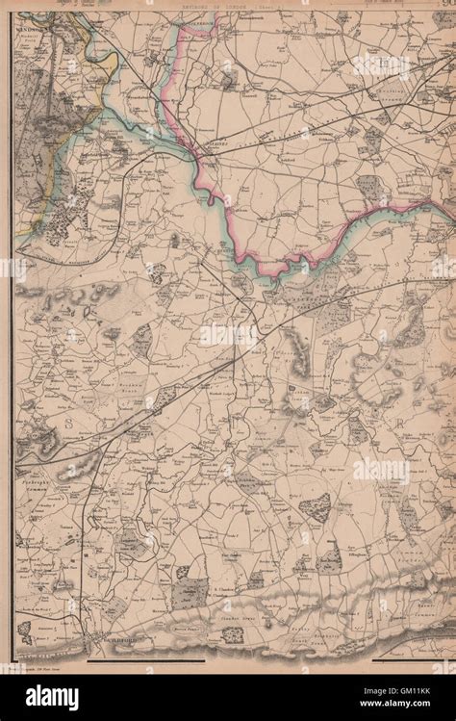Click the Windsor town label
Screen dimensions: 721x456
coord(35,30)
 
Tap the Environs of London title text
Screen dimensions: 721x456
coord(228,7)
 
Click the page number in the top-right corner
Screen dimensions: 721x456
coord(444,7)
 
